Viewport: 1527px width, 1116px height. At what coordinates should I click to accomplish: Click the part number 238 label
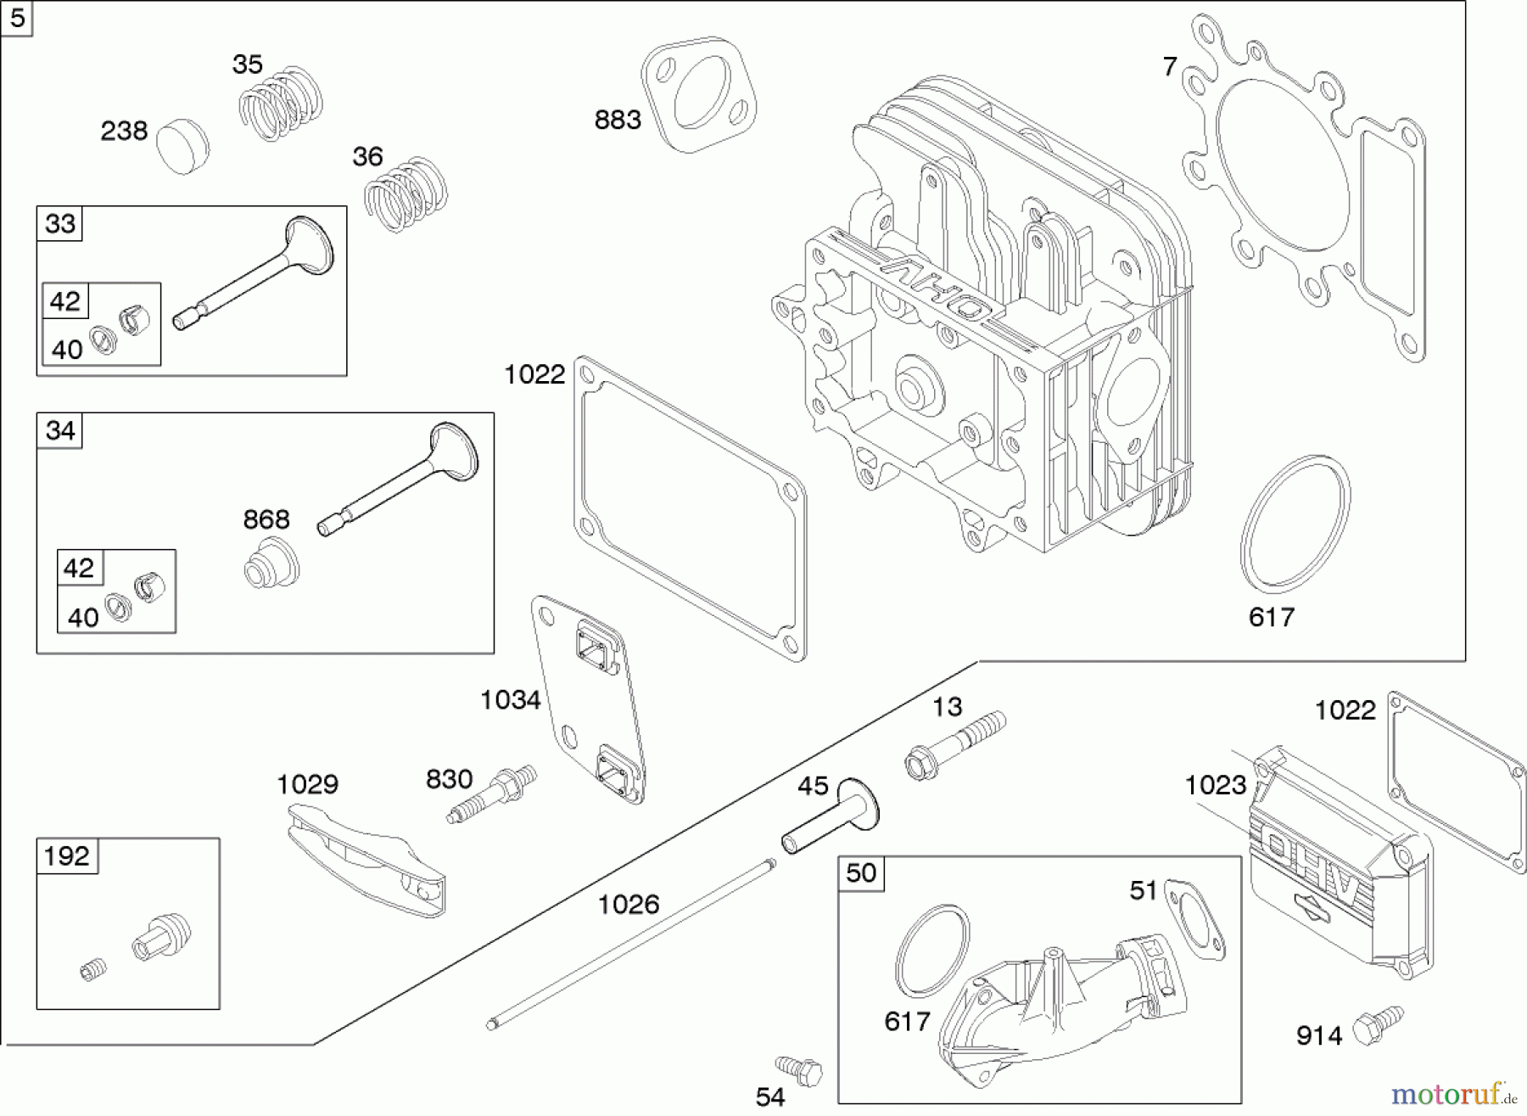tap(124, 132)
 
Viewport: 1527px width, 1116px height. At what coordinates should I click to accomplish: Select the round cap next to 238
tap(183, 147)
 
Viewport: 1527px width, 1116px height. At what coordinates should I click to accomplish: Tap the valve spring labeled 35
tap(280, 103)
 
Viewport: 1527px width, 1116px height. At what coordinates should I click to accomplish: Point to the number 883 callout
tap(617, 121)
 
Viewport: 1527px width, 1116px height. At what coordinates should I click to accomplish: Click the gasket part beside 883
tap(699, 94)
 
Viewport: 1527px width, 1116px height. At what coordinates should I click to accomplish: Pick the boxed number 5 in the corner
tap(17, 18)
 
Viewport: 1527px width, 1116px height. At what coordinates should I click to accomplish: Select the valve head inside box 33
tap(310, 245)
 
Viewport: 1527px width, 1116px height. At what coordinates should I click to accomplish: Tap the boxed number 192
tap(67, 855)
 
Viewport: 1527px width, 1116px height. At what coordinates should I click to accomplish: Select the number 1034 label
tap(510, 700)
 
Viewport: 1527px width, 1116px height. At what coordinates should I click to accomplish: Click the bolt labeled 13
tap(955, 745)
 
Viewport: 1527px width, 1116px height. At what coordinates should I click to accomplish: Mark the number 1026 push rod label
tap(628, 905)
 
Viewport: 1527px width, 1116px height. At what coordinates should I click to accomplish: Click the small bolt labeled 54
tap(799, 1069)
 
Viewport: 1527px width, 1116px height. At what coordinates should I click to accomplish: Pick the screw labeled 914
tap(1376, 1024)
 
